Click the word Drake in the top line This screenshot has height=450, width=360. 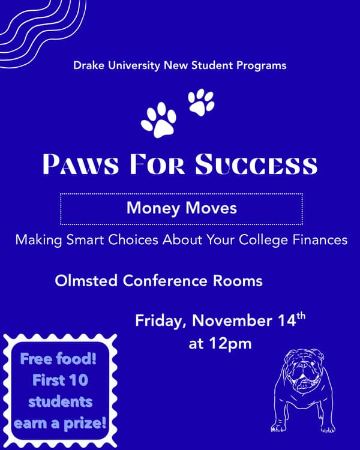click(88, 65)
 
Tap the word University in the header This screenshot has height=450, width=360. click(132, 65)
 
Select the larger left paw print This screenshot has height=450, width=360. click(158, 119)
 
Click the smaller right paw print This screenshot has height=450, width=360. click(200, 103)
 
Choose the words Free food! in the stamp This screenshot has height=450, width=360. click(59, 360)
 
